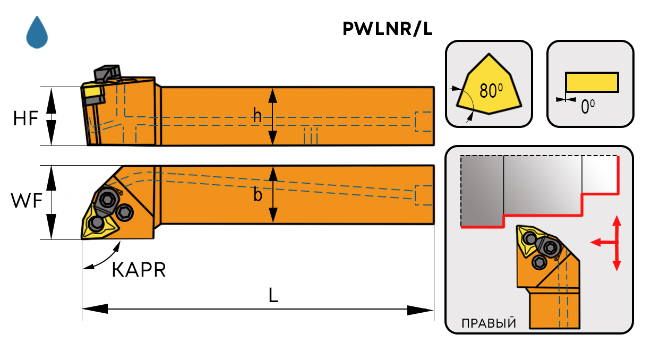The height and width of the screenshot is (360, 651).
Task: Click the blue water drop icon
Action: click(37, 32)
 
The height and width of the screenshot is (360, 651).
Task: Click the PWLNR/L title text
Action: click(387, 30)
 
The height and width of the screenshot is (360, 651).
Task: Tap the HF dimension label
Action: click(25, 118)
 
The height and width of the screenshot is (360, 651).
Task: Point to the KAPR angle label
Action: click(139, 270)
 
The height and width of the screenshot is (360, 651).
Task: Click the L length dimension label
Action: click(273, 296)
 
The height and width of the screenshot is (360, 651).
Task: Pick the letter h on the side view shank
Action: click(258, 116)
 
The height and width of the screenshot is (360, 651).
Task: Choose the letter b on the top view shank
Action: click(258, 195)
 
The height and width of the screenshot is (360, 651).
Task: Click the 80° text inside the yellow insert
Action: click(491, 91)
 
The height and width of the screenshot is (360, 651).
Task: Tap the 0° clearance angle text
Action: click(587, 108)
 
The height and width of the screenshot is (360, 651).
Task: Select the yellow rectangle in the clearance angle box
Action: click(592, 82)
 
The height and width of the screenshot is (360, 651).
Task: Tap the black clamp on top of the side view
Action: click(107, 73)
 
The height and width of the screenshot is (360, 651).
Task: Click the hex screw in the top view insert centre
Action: click(106, 200)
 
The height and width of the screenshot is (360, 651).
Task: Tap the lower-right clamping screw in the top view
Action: click(125, 213)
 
